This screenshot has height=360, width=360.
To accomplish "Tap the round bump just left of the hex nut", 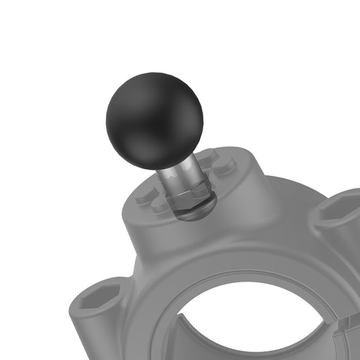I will click(x=159, y=206).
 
